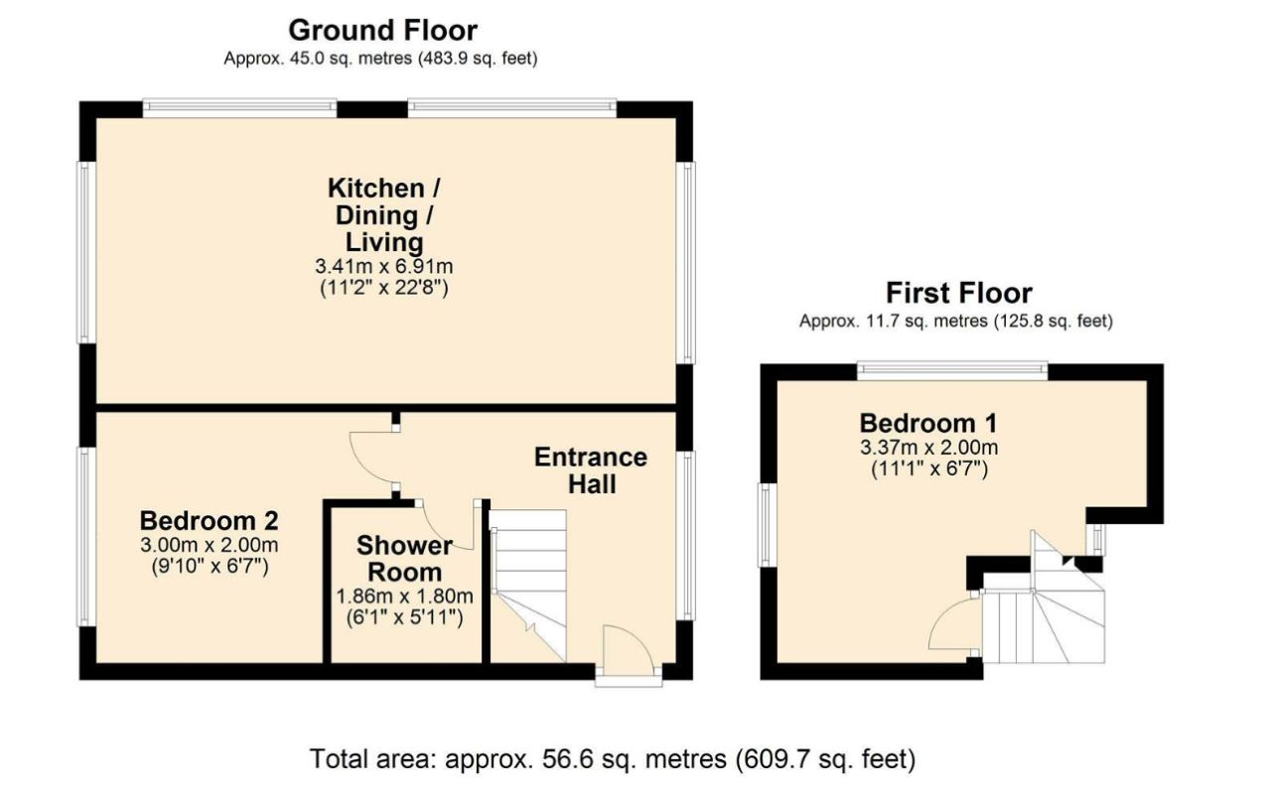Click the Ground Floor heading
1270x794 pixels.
click(382, 31)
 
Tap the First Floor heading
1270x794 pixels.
click(959, 294)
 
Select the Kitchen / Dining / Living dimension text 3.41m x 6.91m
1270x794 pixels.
click(384, 266)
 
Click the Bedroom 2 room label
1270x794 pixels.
click(210, 521)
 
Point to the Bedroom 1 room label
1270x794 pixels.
click(928, 424)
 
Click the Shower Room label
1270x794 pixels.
click(405, 558)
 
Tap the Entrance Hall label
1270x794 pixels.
click(591, 470)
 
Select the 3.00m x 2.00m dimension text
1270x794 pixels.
click(210, 546)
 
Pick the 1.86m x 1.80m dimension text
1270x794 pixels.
click(405, 596)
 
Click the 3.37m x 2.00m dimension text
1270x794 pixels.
click(929, 448)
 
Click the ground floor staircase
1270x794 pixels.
click(528, 586)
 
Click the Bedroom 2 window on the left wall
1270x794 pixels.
click(86, 537)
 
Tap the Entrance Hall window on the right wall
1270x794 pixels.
click(686, 536)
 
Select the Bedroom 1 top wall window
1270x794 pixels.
click(952, 370)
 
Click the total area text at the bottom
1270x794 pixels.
click(613, 759)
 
